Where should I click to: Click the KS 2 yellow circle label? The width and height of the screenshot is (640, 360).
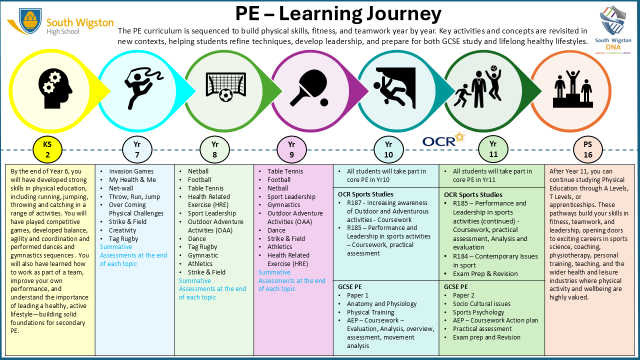tap(47, 149)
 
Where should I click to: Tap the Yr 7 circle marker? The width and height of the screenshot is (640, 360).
tap(136, 149)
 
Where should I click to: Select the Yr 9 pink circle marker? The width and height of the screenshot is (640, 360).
tap(291, 149)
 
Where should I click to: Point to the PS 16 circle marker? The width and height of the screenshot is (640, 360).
tap(588, 149)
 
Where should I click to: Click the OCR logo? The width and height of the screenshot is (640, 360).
tap(443, 139)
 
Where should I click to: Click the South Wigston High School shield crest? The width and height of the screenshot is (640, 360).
tap(30, 20)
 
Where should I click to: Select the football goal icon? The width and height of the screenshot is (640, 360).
tap(225, 86)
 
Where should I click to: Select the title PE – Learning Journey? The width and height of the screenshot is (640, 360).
tap(338, 13)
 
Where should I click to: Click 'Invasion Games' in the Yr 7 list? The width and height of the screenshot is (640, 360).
tap(131, 171)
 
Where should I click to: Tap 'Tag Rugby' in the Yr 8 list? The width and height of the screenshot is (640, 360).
tap(202, 247)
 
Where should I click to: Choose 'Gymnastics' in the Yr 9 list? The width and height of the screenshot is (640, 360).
tap(283, 205)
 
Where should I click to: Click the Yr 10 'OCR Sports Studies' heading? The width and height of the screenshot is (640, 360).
tap(365, 194)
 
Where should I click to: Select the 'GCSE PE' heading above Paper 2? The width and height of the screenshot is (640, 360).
tap(456, 287)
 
